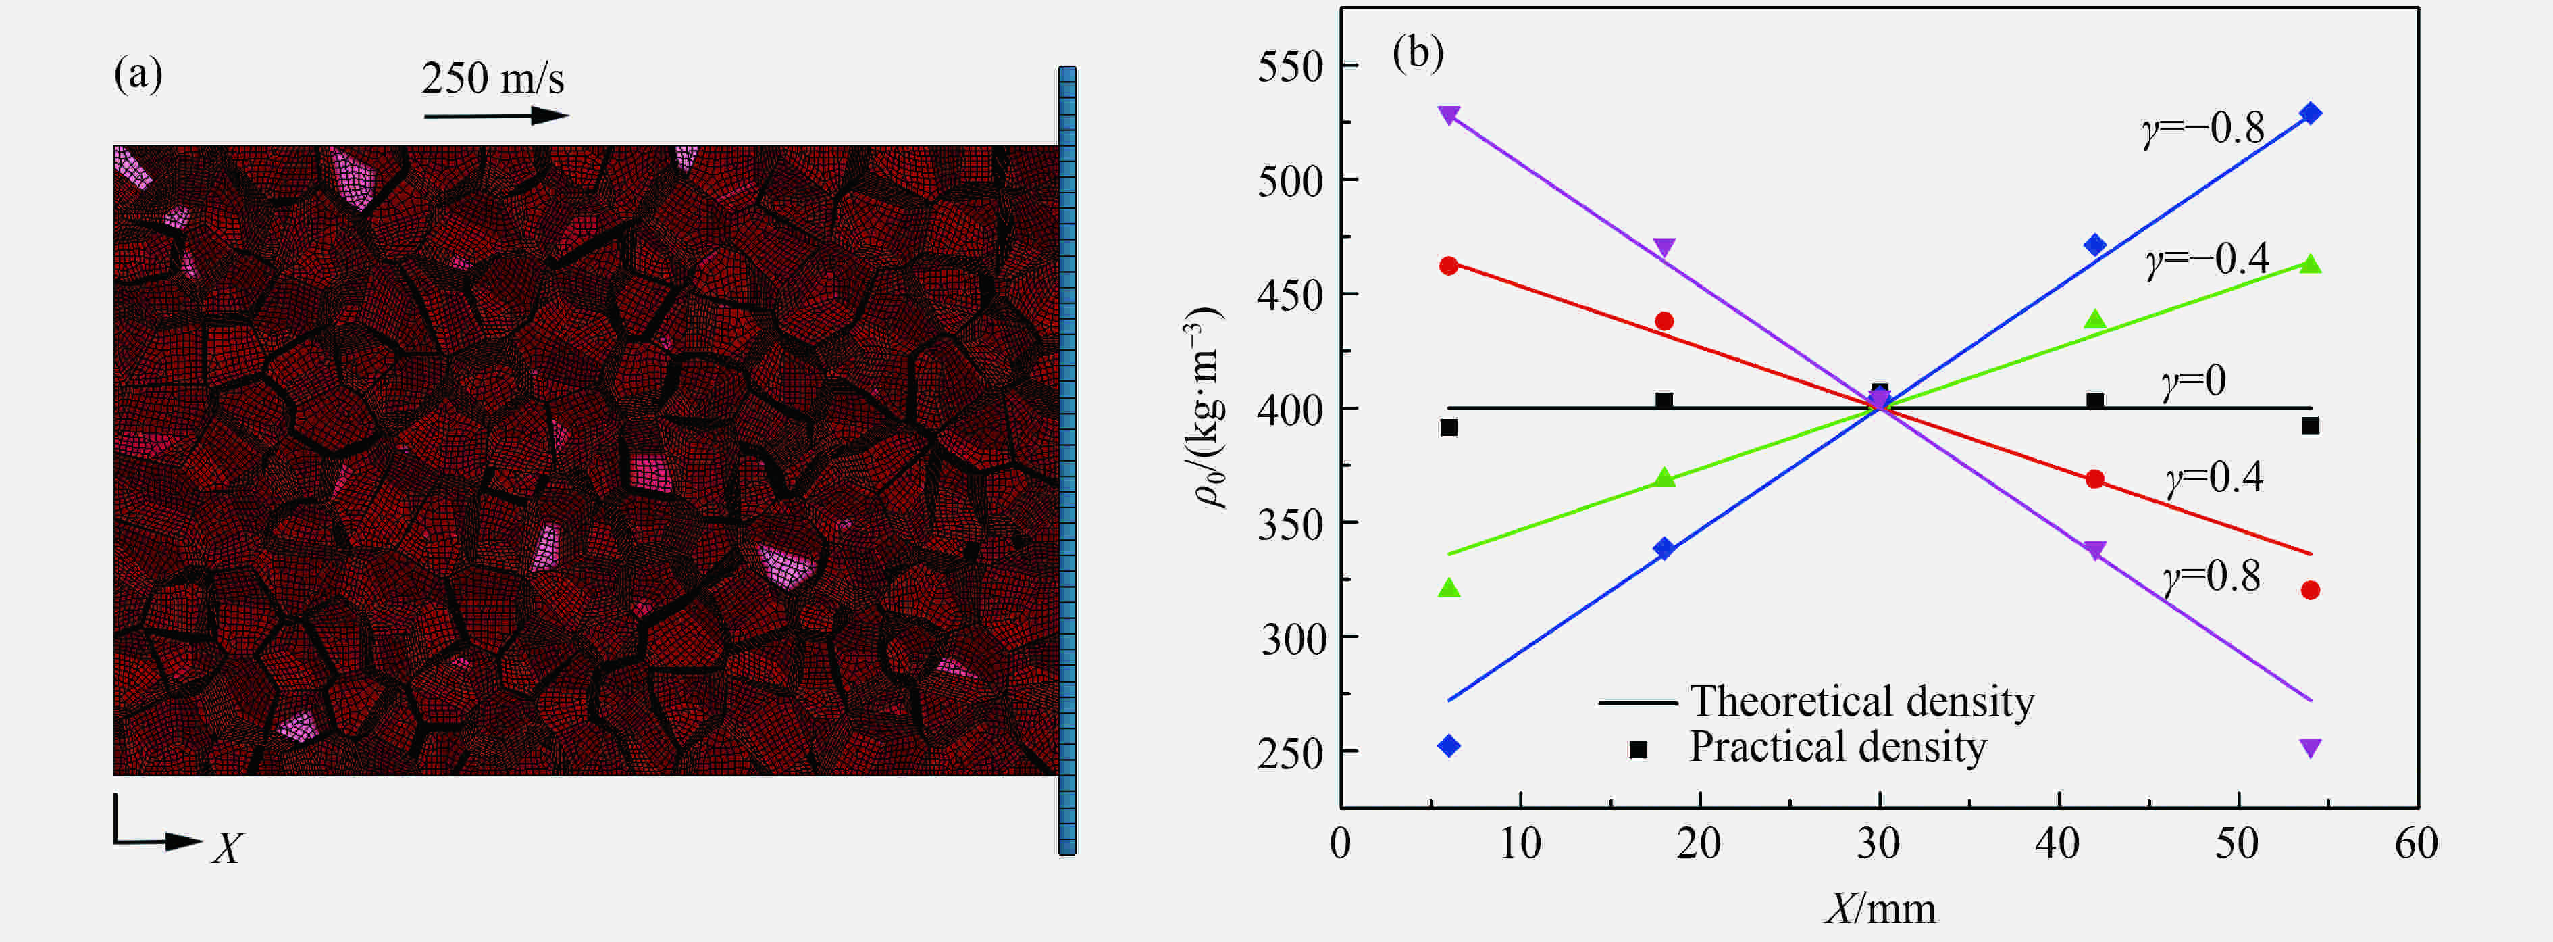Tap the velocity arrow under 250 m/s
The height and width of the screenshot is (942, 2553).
(496, 116)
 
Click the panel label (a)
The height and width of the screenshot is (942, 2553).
(138, 74)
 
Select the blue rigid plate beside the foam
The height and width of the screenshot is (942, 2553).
(1067, 460)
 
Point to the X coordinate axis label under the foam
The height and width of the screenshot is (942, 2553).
(227, 849)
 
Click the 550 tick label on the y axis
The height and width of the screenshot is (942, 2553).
(1291, 68)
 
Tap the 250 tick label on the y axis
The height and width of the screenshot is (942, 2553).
(1291, 753)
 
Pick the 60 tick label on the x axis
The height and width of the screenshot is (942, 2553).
(2417, 845)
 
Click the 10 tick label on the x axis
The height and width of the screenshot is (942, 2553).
(1520, 845)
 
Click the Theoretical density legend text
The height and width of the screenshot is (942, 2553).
(1862, 701)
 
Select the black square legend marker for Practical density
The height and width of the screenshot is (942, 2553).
(1639, 749)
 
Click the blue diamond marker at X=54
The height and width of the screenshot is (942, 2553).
(2310, 113)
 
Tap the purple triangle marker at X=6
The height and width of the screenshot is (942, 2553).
(1449, 115)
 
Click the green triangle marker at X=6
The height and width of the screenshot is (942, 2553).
(1449, 588)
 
